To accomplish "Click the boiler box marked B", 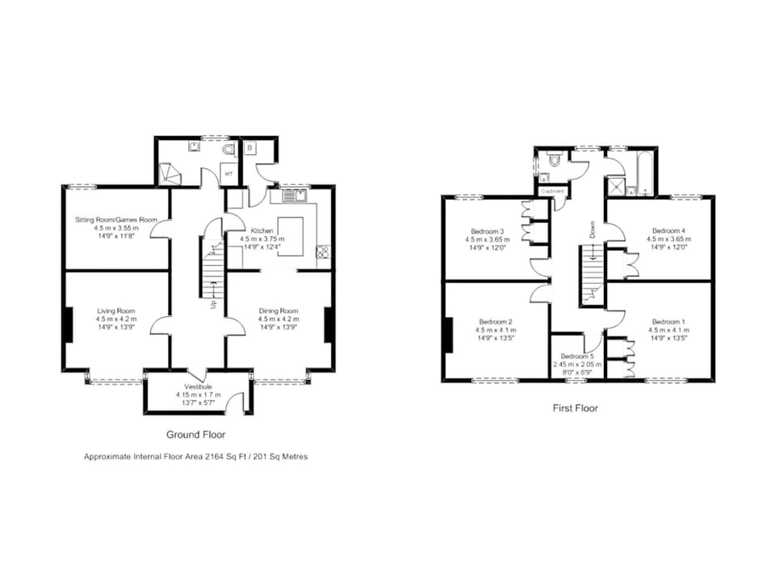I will tap(249, 149).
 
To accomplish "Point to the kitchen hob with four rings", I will tap(322, 251).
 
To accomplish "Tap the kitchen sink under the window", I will tap(291, 195).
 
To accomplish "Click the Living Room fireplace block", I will tap(69, 323).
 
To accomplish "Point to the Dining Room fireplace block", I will tap(329, 323).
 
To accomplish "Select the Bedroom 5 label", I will tap(577, 356).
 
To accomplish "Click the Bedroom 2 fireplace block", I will tap(447, 334).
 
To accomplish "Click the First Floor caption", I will tap(575, 408).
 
